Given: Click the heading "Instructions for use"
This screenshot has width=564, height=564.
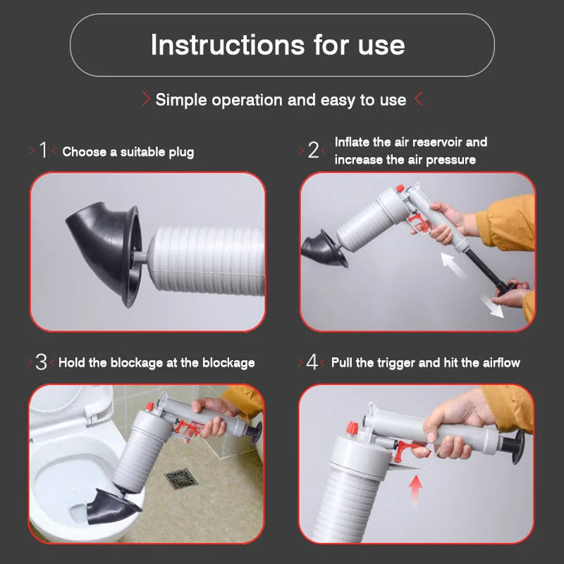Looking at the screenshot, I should point(278,45).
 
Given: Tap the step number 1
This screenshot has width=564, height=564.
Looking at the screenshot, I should point(43,150).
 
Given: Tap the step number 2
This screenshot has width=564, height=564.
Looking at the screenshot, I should point(314,150).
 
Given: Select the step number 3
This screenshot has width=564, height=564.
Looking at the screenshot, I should point(42,362).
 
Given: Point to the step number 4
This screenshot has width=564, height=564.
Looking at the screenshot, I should point(312,362).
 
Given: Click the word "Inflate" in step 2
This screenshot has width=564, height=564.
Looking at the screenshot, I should point(354,142).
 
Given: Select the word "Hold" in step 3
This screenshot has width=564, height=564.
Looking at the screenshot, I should point(73,363).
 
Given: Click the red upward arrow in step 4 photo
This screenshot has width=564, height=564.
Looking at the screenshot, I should point(417,488).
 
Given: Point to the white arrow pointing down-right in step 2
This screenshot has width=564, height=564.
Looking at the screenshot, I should point(493,307).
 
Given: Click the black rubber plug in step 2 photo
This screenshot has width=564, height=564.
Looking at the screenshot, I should point(321,250).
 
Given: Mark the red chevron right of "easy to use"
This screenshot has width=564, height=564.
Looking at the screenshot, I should point(418,99).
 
